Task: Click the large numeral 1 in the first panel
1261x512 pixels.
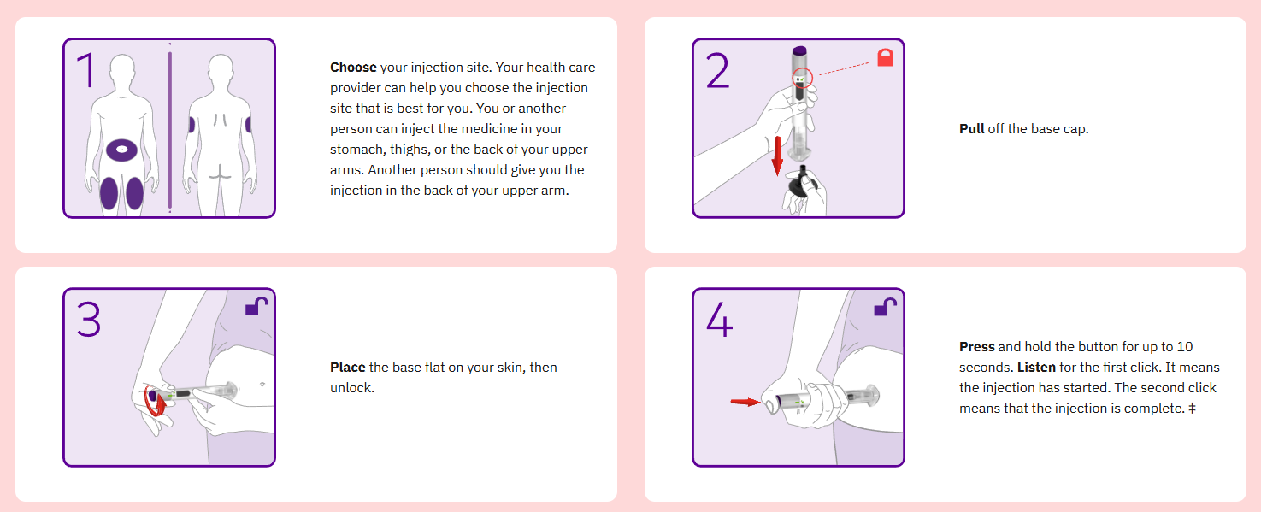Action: (86, 70)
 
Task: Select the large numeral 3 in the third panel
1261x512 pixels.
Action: (89, 319)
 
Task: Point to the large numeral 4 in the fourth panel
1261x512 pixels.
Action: (720, 319)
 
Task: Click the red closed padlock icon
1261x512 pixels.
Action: (886, 57)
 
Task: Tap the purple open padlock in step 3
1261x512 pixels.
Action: (256, 306)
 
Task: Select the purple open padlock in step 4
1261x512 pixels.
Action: (885, 307)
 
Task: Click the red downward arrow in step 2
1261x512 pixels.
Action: (777, 156)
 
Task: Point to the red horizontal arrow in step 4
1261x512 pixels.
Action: (745, 401)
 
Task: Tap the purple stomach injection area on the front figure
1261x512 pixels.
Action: (121, 150)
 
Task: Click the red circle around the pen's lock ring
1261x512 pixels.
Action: (802, 77)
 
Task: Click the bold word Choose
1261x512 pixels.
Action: (353, 68)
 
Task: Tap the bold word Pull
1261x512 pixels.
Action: (972, 129)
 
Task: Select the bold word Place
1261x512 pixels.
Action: (347, 368)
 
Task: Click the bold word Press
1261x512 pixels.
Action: (976, 346)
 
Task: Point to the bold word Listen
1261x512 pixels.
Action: (1036, 368)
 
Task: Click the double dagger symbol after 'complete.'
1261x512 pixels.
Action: (1192, 409)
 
